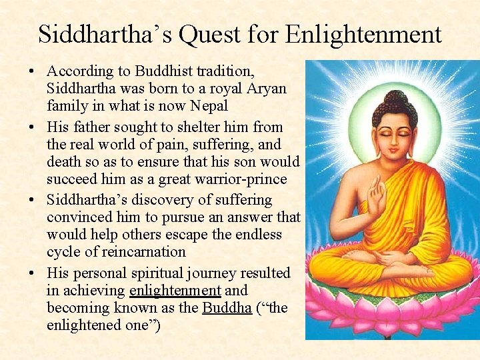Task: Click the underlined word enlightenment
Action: coord(175,291)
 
